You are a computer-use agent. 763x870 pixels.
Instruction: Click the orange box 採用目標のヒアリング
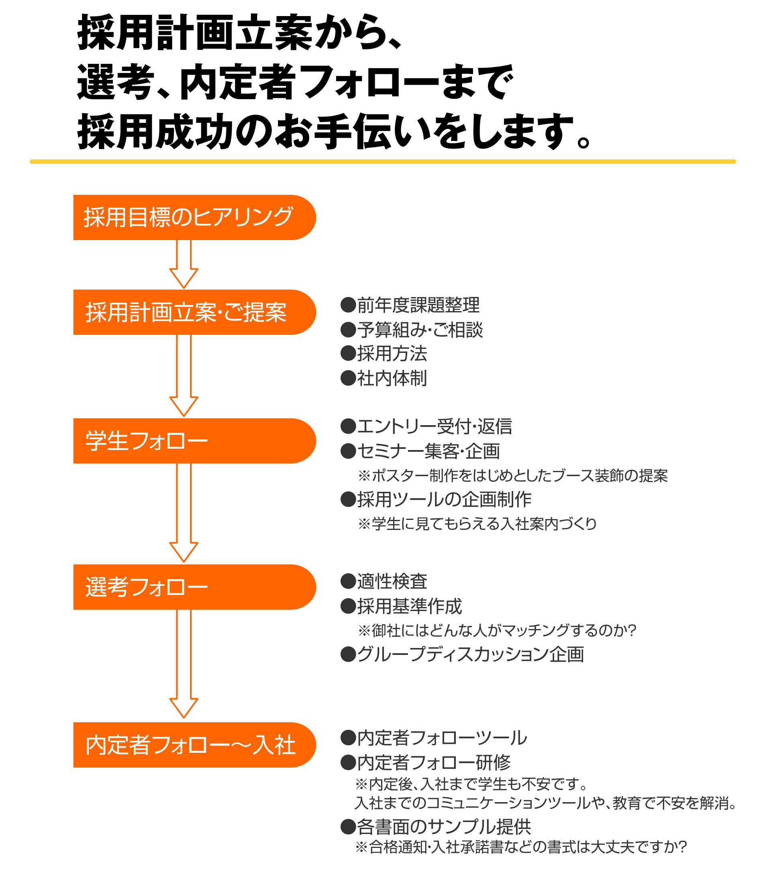tap(195, 218)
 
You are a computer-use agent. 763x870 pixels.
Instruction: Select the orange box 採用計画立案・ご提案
tap(195, 312)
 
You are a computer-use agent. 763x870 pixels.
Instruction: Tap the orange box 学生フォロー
tap(195, 441)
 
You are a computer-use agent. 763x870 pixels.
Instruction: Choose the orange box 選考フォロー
tap(195, 587)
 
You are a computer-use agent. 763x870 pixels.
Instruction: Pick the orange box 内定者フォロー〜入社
tap(195, 745)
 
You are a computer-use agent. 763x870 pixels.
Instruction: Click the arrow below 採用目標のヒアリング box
tap(184, 264)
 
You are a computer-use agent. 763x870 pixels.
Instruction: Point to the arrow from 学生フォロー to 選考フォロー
tap(184, 513)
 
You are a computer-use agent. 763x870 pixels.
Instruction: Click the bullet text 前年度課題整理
tap(418, 305)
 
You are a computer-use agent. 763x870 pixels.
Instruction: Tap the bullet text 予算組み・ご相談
tap(420, 330)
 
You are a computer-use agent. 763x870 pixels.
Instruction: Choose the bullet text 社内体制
tap(392, 378)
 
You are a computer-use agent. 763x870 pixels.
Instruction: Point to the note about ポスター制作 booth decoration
tap(513, 476)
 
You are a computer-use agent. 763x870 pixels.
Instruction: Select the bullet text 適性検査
tap(392, 581)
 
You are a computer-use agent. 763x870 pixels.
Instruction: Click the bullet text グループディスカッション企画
tap(471, 654)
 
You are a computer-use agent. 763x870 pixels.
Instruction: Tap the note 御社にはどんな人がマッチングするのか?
tap(497, 630)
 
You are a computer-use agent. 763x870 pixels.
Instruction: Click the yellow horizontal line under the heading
tap(383, 162)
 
